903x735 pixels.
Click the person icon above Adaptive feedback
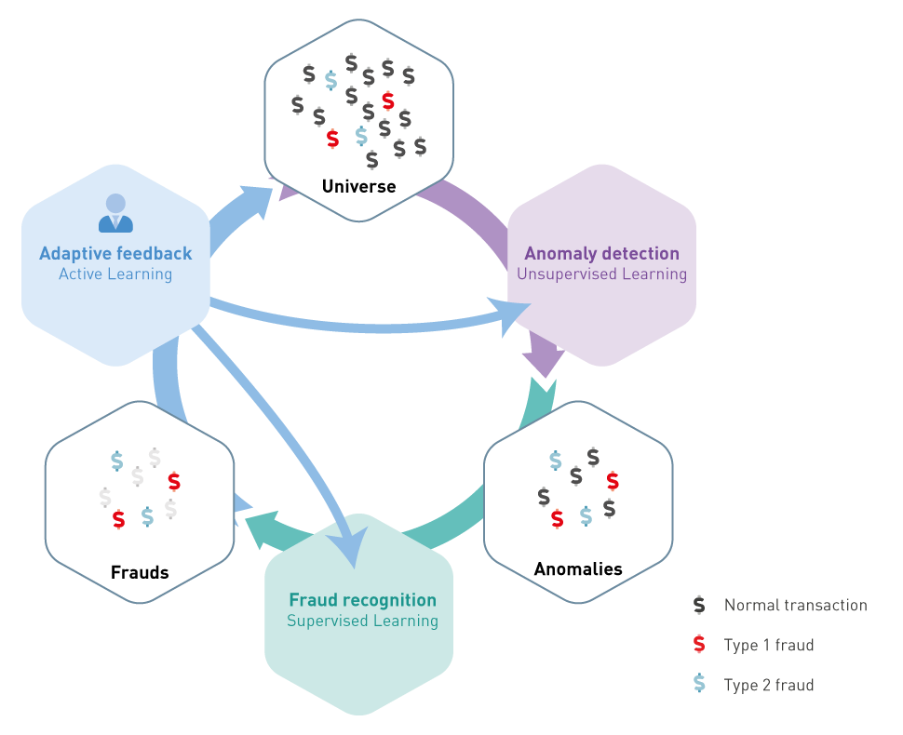[x=115, y=213]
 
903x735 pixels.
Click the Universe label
[x=358, y=186]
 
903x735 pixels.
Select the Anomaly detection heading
[x=601, y=253]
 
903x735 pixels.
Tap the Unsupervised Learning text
[x=601, y=274]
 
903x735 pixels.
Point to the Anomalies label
[x=578, y=568]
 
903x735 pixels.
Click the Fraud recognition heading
[x=362, y=600]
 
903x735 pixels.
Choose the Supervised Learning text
[x=362, y=621]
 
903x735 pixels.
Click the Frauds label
[x=140, y=572]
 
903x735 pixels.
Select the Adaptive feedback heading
[x=115, y=253]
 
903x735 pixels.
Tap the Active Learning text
[x=115, y=274]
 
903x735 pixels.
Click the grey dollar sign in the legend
[x=699, y=605]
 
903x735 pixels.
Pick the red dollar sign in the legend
[x=699, y=645]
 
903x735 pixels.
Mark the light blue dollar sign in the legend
[x=699, y=685]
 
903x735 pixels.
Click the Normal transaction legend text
[x=795, y=606]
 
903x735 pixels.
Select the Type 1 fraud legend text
[x=768, y=646]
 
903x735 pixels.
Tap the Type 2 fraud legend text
[x=768, y=686]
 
